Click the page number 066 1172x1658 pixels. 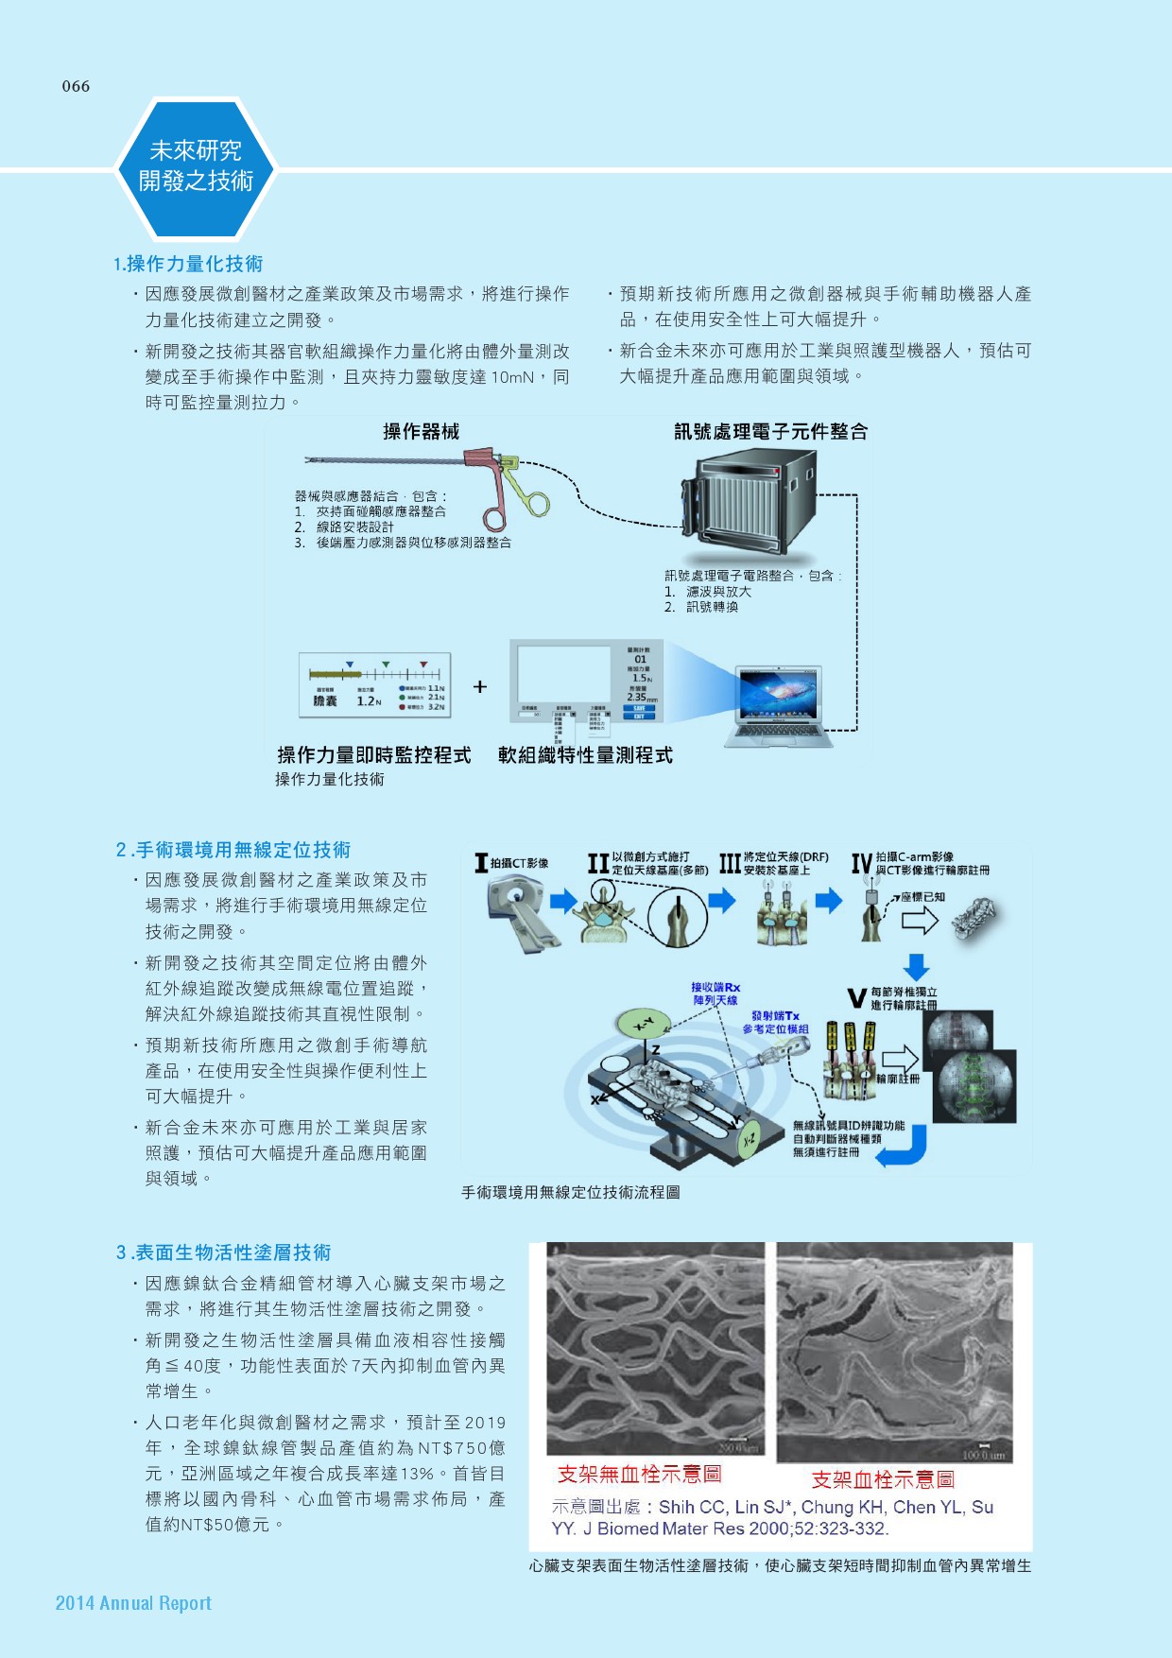pyautogui.click(x=76, y=86)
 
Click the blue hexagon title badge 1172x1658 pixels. pyautogui.click(x=196, y=167)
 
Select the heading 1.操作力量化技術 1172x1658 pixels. pyautogui.click(x=188, y=264)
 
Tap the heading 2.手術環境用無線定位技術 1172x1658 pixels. pyautogui.click(x=233, y=850)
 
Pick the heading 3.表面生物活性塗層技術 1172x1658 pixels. pyautogui.click(x=224, y=1252)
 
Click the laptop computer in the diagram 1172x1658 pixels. pyautogui.click(x=780, y=702)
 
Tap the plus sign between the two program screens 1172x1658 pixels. pyautogui.click(x=480, y=686)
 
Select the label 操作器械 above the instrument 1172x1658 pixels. pyautogui.click(x=421, y=432)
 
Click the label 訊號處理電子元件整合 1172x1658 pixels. pyautogui.click(x=770, y=432)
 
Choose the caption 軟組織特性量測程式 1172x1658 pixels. pyautogui.click(x=585, y=755)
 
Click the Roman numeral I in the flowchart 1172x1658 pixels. pyautogui.click(x=481, y=862)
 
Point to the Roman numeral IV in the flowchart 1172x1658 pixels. pyautogui.click(x=861, y=863)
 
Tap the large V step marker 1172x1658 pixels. pyautogui.click(x=856, y=998)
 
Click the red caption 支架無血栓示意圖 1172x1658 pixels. pyautogui.click(x=640, y=1474)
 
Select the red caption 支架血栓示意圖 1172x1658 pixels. pyautogui.click(x=883, y=1479)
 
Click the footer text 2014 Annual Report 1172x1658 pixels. pyautogui.click(x=133, y=1603)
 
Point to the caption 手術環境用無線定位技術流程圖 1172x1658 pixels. pyautogui.click(x=570, y=1193)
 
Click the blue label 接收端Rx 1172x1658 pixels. pyautogui.click(x=715, y=988)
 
